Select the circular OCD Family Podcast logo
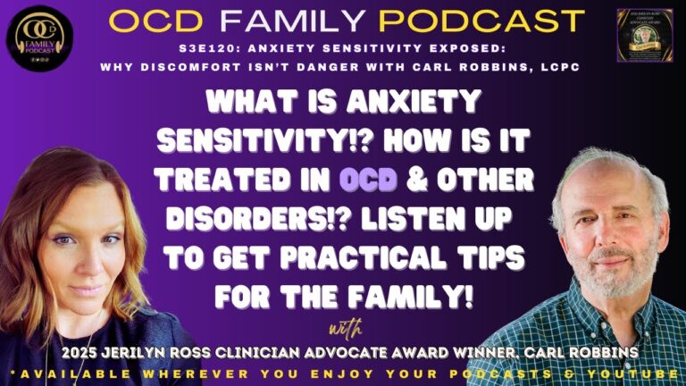pos(38,39)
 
